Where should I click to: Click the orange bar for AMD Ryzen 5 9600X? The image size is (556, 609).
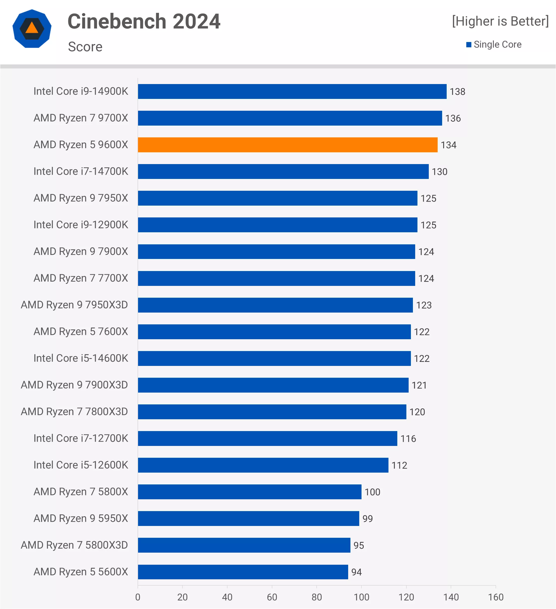(x=287, y=145)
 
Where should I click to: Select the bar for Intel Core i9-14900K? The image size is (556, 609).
(x=292, y=91)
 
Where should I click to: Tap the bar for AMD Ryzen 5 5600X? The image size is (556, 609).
(x=243, y=572)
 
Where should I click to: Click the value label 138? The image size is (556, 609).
(x=457, y=92)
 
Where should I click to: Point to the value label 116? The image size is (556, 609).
(x=408, y=439)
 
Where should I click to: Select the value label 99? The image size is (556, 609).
(x=367, y=519)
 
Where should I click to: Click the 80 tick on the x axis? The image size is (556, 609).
(x=317, y=597)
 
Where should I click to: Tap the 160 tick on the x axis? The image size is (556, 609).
(x=496, y=597)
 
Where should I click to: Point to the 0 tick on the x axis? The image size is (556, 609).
(x=138, y=597)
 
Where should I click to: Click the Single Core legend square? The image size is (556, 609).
(x=469, y=45)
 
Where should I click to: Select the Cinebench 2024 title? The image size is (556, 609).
(x=144, y=21)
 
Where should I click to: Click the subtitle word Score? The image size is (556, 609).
(x=85, y=47)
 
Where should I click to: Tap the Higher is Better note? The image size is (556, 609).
(x=500, y=21)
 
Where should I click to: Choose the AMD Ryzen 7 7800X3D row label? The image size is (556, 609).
(x=74, y=411)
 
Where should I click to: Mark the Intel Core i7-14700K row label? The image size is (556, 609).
(x=81, y=171)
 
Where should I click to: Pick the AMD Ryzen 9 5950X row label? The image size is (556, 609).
(x=81, y=518)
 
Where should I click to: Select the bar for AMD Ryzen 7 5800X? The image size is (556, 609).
(x=249, y=492)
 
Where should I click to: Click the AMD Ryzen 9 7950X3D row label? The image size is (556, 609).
(x=74, y=305)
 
